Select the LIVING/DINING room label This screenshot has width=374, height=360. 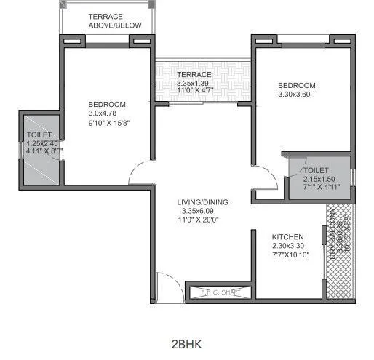201,202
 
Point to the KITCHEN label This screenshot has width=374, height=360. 287,238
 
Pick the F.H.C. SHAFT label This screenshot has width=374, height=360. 220,292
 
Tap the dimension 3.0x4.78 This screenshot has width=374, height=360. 107,113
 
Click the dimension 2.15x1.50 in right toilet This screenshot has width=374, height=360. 319,178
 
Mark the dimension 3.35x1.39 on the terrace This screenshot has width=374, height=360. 194,84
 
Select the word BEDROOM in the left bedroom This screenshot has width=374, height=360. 107,103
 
